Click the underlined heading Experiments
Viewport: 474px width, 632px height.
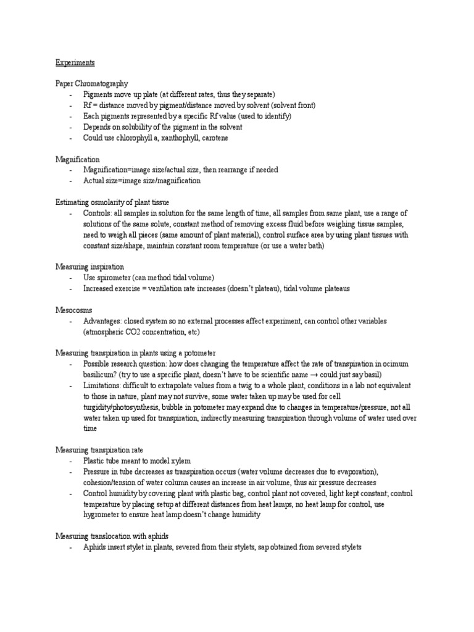pos(75,62)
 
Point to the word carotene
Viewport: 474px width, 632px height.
pos(215,138)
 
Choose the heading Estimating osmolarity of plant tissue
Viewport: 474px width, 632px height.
pos(112,202)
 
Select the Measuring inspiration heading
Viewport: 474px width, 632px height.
pos(89,267)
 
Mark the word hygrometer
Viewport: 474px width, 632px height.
pos(105,515)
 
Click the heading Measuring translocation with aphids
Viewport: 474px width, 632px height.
pos(111,536)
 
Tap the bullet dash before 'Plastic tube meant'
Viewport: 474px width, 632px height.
pos(71,461)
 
